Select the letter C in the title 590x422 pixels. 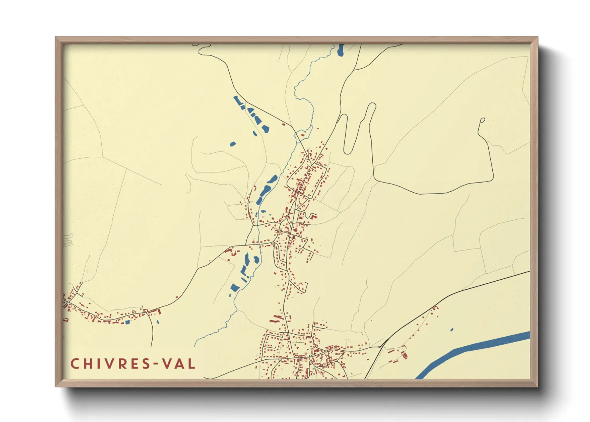(x=75, y=364)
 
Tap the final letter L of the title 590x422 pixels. (x=192, y=364)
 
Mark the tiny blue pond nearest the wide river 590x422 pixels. (x=452, y=330)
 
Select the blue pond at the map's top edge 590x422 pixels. (x=340, y=50)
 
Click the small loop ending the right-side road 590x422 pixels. (x=482, y=120)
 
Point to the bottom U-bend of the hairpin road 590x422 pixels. (x=348, y=151)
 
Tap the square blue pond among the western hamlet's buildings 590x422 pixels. (x=128, y=322)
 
